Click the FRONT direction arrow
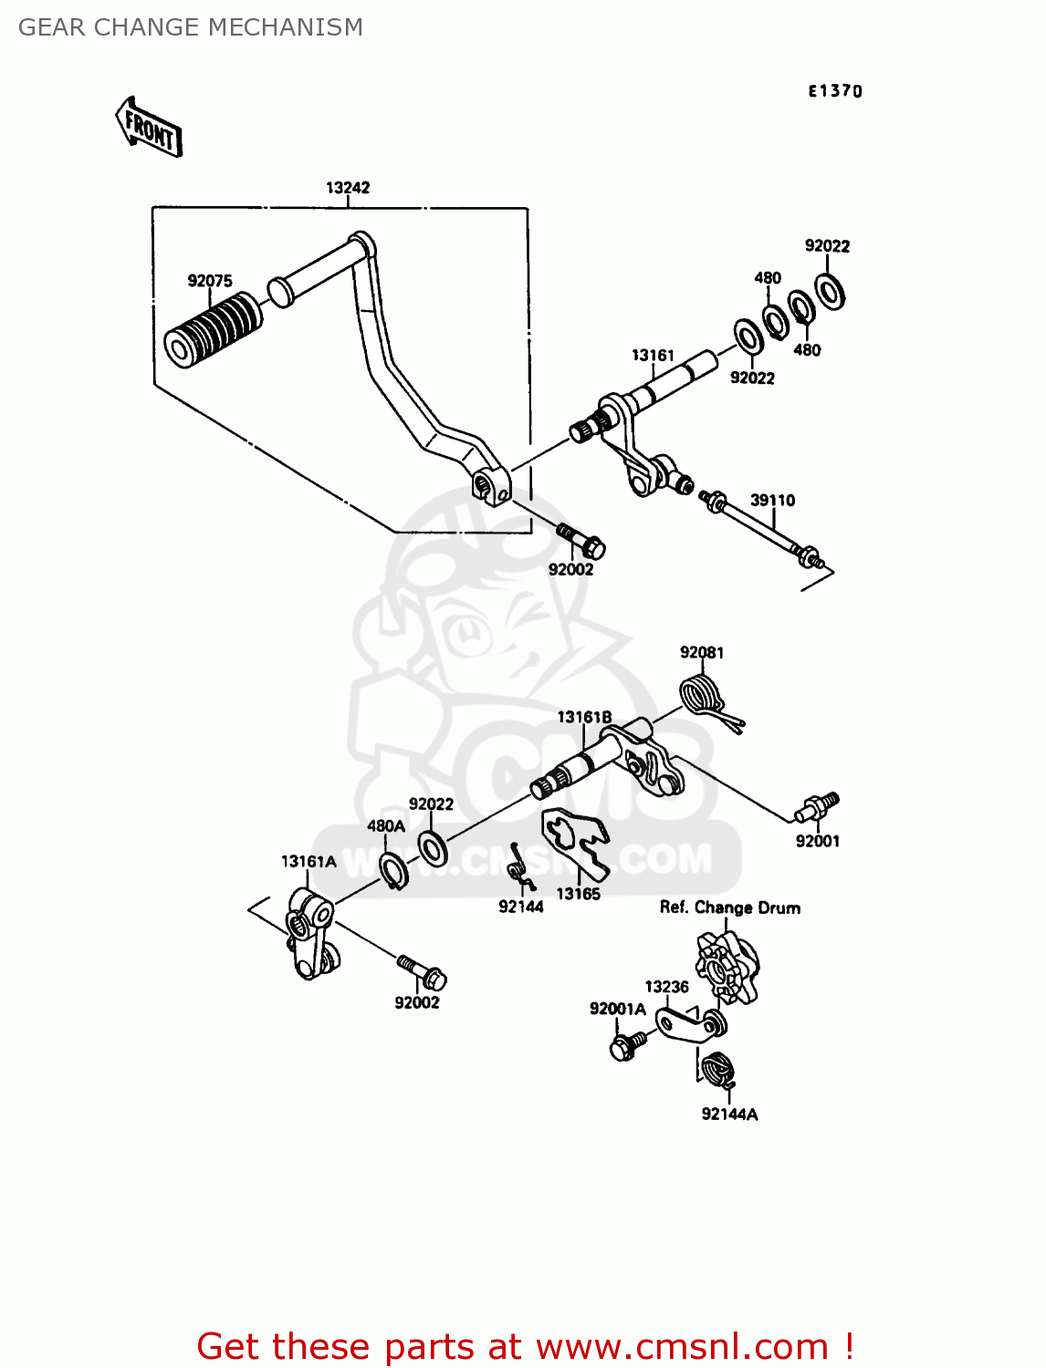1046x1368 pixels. pyautogui.click(x=149, y=128)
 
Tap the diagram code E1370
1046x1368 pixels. pyautogui.click(x=834, y=90)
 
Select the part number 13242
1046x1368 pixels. pyautogui.click(x=348, y=188)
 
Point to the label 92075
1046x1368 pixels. pyautogui.click(x=210, y=281)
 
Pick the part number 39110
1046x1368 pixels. pyautogui.click(x=772, y=500)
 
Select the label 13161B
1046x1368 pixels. pyautogui.click(x=584, y=718)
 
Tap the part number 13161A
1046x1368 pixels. pyautogui.click(x=309, y=861)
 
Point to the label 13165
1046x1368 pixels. pyautogui.click(x=579, y=894)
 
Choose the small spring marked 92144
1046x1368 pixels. pyautogui.click(x=518, y=867)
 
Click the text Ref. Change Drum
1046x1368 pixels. pyautogui.click(x=730, y=907)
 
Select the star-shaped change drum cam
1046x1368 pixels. pyautogui.click(x=725, y=967)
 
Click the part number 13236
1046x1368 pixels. pyautogui.click(x=666, y=987)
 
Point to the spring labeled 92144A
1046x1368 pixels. pyautogui.click(x=719, y=1068)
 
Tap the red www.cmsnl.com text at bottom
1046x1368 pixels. pyautogui.click(x=681, y=1346)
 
